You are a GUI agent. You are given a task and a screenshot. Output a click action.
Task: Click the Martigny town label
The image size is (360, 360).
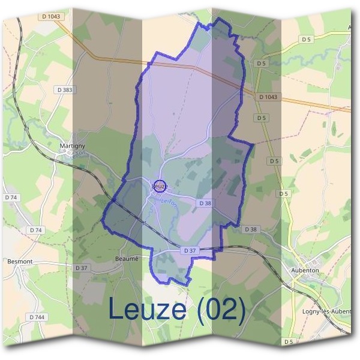[x=71, y=146]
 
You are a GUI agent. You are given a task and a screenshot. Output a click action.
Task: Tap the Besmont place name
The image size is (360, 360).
[x=19, y=261]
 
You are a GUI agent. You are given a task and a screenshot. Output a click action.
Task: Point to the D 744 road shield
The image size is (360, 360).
[x=36, y=317]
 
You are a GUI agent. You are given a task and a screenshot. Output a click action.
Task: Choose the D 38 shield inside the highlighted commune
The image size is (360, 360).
[x=205, y=203]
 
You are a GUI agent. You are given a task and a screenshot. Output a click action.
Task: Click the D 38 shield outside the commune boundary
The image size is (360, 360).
[x=251, y=229]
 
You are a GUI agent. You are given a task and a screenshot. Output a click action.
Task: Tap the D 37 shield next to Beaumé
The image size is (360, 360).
[x=82, y=267]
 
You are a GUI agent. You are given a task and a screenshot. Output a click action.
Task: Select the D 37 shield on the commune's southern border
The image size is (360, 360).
[x=190, y=250]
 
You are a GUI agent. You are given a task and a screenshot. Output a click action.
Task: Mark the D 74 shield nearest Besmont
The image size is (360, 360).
[x=36, y=230]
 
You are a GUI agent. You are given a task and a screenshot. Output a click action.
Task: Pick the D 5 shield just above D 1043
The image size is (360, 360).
[x=261, y=63]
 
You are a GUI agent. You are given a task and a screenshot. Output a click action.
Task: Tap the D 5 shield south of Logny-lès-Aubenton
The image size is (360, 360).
[x=289, y=341]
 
